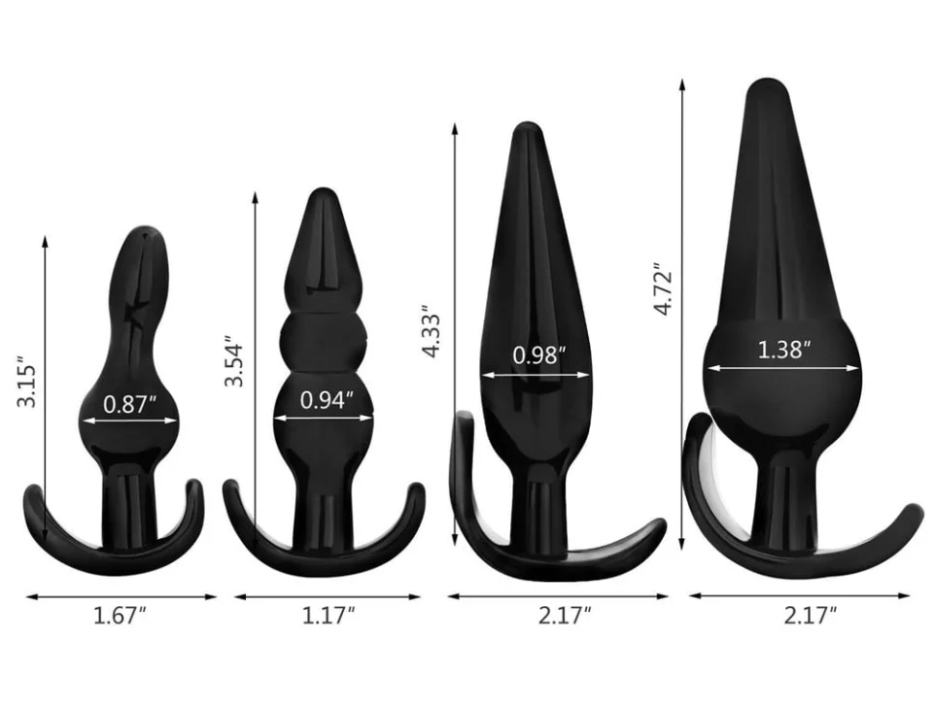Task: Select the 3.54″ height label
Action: pyautogui.click(x=234, y=364)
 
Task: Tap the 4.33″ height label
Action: pyautogui.click(x=431, y=332)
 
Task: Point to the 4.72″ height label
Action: pyautogui.click(x=663, y=288)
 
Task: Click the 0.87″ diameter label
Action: pyautogui.click(x=129, y=404)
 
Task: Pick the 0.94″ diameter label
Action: pyautogui.click(x=327, y=400)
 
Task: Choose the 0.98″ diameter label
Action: pyautogui.click(x=538, y=354)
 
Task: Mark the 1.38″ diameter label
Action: pyautogui.click(x=783, y=350)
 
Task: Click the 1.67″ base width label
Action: pyautogui.click(x=120, y=616)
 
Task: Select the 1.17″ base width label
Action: pyautogui.click(x=328, y=616)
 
